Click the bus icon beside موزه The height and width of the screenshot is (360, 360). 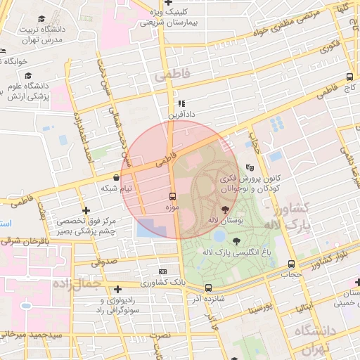[172, 195]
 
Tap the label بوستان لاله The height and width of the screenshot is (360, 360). [225, 221]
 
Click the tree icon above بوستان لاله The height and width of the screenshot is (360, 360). [225, 209]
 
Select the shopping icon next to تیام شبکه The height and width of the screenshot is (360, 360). [116, 178]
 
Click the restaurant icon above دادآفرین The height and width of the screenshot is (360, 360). [182, 103]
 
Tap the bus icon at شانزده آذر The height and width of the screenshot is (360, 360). [208, 287]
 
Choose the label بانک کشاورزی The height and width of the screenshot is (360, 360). [163, 283]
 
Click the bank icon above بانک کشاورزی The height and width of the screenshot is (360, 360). [163, 271]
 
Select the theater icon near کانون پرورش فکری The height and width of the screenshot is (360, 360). [250, 168]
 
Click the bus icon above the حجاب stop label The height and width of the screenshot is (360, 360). [291, 264]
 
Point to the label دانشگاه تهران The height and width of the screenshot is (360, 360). [316, 340]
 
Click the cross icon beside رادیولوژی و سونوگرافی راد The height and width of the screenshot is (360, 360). [117, 288]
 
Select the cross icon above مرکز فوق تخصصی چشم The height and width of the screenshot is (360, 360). [86, 210]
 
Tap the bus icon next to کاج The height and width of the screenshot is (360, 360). [349, 77]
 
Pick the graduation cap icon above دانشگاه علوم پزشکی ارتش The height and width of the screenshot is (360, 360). [28, 75]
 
